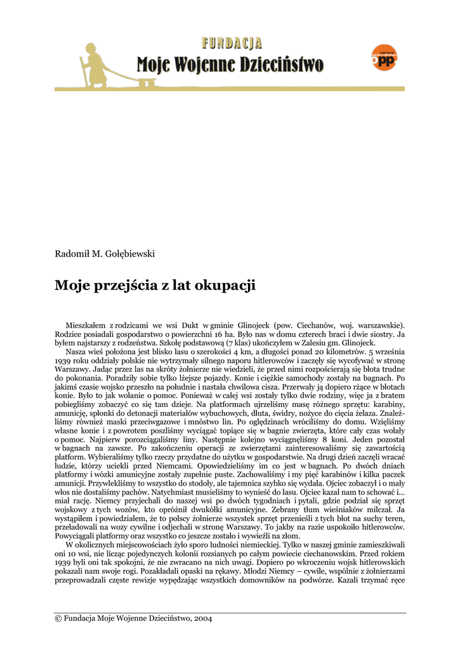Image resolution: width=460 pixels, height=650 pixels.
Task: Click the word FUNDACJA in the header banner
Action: click(232, 44)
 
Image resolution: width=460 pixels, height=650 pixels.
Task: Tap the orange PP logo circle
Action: click(384, 58)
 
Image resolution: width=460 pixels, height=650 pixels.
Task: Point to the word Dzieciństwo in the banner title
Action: click(283, 65)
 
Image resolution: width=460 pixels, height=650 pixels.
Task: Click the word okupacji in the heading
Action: click(226, 286)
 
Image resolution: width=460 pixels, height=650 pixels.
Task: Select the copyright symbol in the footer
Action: click(58, 619)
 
